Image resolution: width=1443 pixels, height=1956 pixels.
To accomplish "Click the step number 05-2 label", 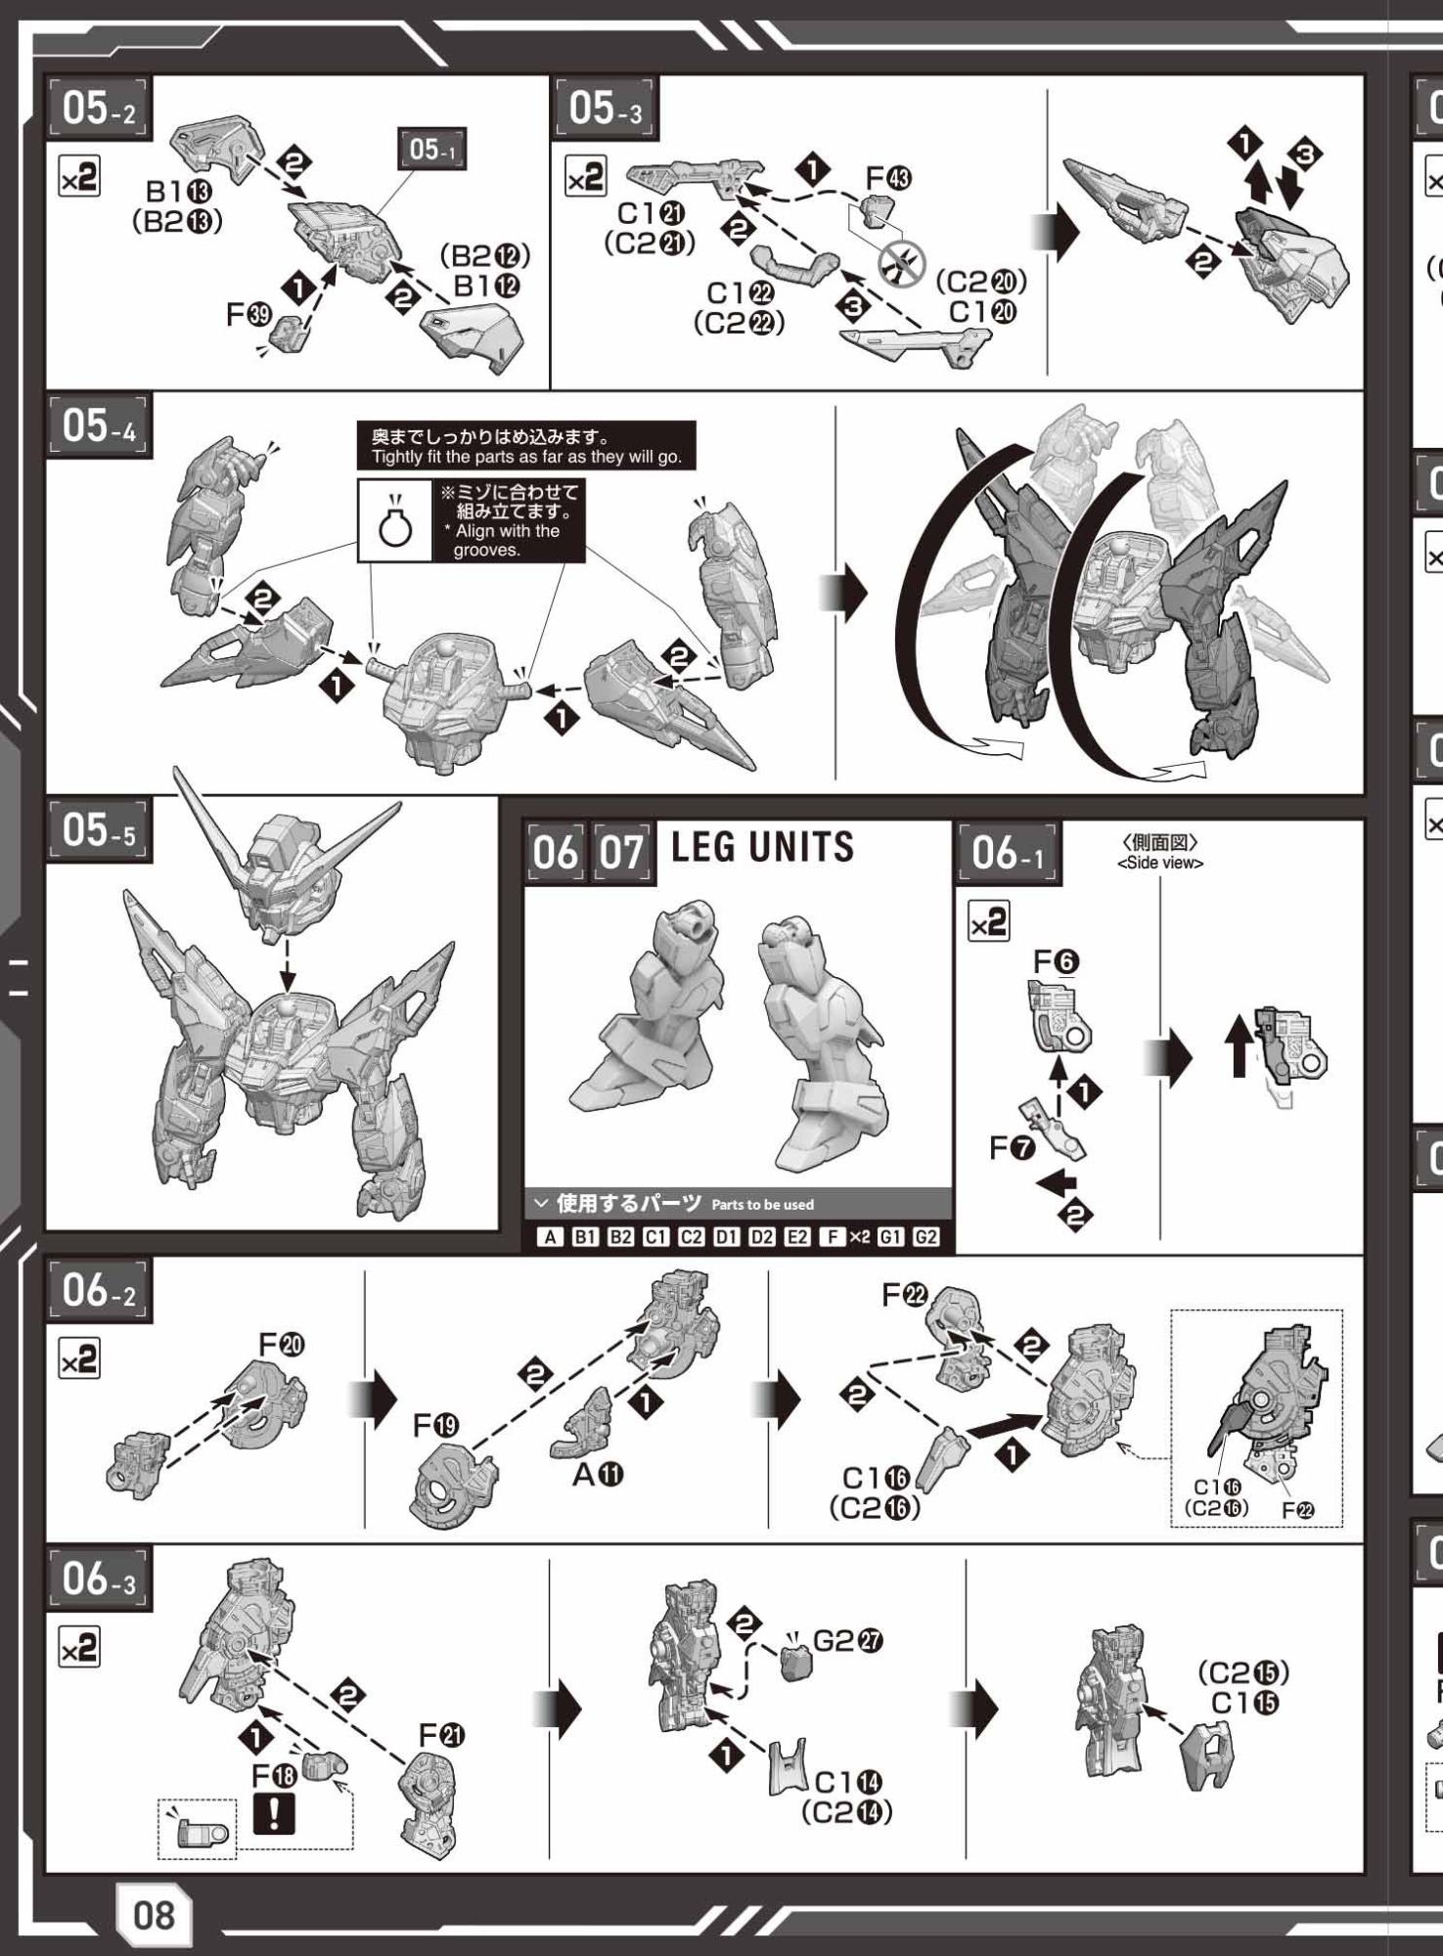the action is (99, 109).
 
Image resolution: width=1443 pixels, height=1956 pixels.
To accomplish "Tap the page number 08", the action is (154, 1914).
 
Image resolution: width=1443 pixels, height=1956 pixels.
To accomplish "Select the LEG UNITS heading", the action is (762, 847).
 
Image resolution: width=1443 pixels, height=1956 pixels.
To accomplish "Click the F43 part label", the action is (888, 179).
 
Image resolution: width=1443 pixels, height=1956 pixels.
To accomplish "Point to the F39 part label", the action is (248, 314).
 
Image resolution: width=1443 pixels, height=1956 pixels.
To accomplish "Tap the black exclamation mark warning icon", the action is (275, 1812).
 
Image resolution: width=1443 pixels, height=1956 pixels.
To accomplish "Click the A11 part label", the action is (598, 1474).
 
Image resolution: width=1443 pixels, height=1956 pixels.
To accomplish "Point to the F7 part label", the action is (1012, 1147).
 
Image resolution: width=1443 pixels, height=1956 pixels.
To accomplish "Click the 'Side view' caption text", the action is (1159, 864).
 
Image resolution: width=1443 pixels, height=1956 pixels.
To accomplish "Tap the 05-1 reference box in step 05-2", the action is (432, 150).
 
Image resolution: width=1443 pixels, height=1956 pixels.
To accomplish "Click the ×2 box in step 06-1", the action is (988, 922).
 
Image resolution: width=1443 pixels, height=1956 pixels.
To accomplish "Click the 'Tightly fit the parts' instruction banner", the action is (526, 446).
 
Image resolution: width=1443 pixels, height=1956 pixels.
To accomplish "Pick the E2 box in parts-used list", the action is (796, 1237).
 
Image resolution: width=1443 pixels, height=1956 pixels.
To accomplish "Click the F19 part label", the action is (435, 1426).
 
